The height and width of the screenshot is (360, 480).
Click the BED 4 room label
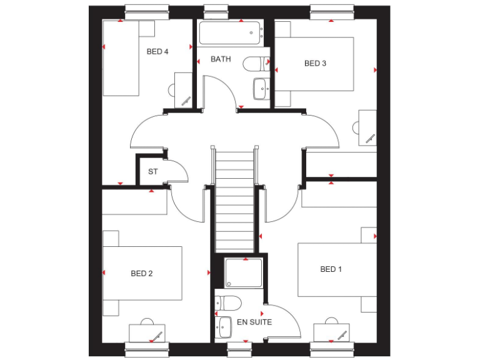(x=157, y=52)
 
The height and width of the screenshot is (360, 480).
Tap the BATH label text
(x=221, y=59)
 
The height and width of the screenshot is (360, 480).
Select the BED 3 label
(x=315, y=63)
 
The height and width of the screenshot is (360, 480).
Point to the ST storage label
(x=152, y=171)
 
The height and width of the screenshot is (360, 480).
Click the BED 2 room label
(x=142, y=273)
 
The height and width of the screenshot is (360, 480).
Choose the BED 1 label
(x=331, y=269)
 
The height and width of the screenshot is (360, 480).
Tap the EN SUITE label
(x=254, y=322)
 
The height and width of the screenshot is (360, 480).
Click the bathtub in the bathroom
(x=229, y=32)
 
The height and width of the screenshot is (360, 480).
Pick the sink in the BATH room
(x=261, y=88)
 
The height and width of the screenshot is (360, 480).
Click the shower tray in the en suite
(x=244, y=274)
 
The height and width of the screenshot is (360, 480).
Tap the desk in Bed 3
(x=367, y=127)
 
